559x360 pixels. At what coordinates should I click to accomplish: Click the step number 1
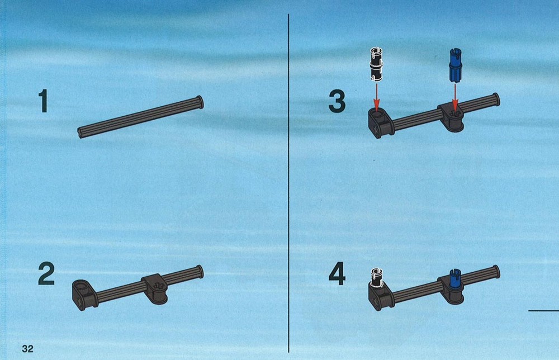[44, 101]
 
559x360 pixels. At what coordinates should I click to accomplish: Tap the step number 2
[46, 274]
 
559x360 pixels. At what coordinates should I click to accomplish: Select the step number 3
[337, 101]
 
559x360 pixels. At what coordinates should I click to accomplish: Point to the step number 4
[337, 274]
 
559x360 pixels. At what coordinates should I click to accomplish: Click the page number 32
[27, 348]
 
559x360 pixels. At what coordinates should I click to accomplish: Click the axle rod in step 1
[140, 117]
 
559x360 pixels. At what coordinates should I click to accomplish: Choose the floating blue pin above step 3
[454, 64]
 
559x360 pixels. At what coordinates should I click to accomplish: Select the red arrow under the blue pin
[455, 96]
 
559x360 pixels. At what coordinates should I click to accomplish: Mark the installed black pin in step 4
[376, 278]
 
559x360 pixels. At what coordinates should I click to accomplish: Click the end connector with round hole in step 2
[85, 295]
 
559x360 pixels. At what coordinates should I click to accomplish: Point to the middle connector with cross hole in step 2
[155, 288]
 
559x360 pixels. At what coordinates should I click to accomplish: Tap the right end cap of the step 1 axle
[200, 102]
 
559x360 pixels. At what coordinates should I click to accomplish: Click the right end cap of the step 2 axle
[200, 272]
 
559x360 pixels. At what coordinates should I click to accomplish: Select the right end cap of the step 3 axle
[496, 100]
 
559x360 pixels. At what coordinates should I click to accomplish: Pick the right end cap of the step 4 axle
[496, 272]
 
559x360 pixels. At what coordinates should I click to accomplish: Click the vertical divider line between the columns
[288, 183]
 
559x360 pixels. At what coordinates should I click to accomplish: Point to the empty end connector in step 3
[381, 122]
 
